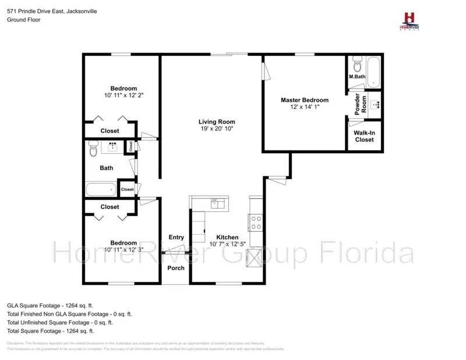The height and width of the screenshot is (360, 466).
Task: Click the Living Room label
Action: pos(216,122)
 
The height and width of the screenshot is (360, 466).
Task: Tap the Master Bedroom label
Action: pos(304,100)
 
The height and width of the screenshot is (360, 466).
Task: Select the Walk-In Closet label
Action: pos(364,136)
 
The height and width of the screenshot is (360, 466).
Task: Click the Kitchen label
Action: pos(227,237)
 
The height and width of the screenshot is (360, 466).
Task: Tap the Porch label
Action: pos(176,268)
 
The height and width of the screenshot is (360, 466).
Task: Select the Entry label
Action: pos(176,237)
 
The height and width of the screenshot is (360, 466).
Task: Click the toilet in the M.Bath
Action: pos(357,63)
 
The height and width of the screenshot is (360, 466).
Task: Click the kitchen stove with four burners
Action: pos(255,223)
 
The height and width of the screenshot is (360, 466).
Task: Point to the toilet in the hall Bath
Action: pos(93,150)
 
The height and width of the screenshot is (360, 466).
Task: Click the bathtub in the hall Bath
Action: pos(101,189)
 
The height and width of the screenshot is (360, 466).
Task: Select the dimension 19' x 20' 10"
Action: pos(216,129)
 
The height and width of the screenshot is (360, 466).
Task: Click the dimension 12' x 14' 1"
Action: pos(304,107)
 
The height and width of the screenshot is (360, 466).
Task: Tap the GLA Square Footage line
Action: pos(50,305)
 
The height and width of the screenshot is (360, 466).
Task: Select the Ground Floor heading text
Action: pos(23,19)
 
